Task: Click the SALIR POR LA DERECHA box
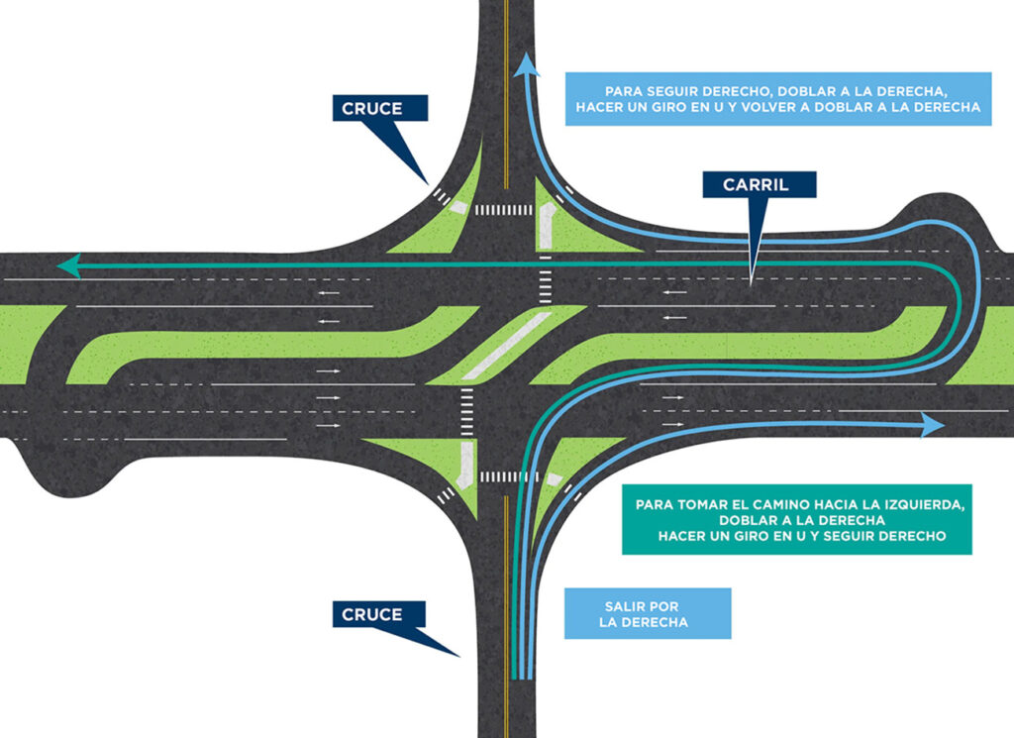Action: pos(647,613)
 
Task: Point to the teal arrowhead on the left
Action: pos(68,264)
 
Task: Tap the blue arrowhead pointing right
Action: pos(932,425)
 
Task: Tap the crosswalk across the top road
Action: pos(503,210)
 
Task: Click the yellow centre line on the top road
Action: pos(506,99)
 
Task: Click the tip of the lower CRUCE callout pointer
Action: pos(458,655)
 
